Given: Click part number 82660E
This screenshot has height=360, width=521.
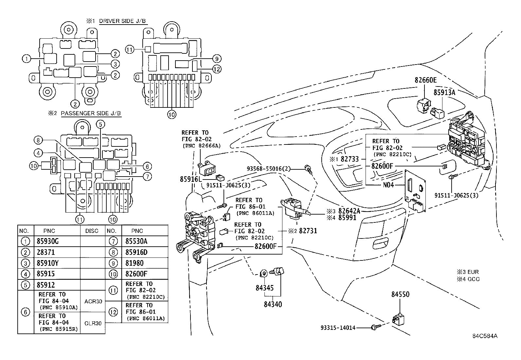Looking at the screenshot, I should pos(426,80).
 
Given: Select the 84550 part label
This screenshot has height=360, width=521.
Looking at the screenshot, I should pos(400,294).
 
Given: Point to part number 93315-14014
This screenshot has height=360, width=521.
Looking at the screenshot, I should pos(338,327).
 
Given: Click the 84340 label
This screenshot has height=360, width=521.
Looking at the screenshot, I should pos(273,304).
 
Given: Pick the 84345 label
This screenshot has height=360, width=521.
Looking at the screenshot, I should pos(264,288).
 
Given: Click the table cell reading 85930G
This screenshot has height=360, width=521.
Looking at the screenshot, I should pos(48,241).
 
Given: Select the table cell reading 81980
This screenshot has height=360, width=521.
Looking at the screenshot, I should pos(135,263).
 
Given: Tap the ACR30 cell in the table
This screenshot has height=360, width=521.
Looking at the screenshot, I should pos(93,301).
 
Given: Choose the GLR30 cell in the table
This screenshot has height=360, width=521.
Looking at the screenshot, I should pos(93,323).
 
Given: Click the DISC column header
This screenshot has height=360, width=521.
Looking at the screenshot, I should pos(92,231).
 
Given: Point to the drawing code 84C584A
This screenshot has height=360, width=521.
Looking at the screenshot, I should pos(485,336).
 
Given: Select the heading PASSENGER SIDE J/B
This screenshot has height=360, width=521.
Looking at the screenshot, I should pos(91,113).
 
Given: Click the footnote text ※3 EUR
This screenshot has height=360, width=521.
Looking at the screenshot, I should pos(468,272).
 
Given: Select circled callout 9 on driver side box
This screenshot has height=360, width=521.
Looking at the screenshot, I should pos(216,59).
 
